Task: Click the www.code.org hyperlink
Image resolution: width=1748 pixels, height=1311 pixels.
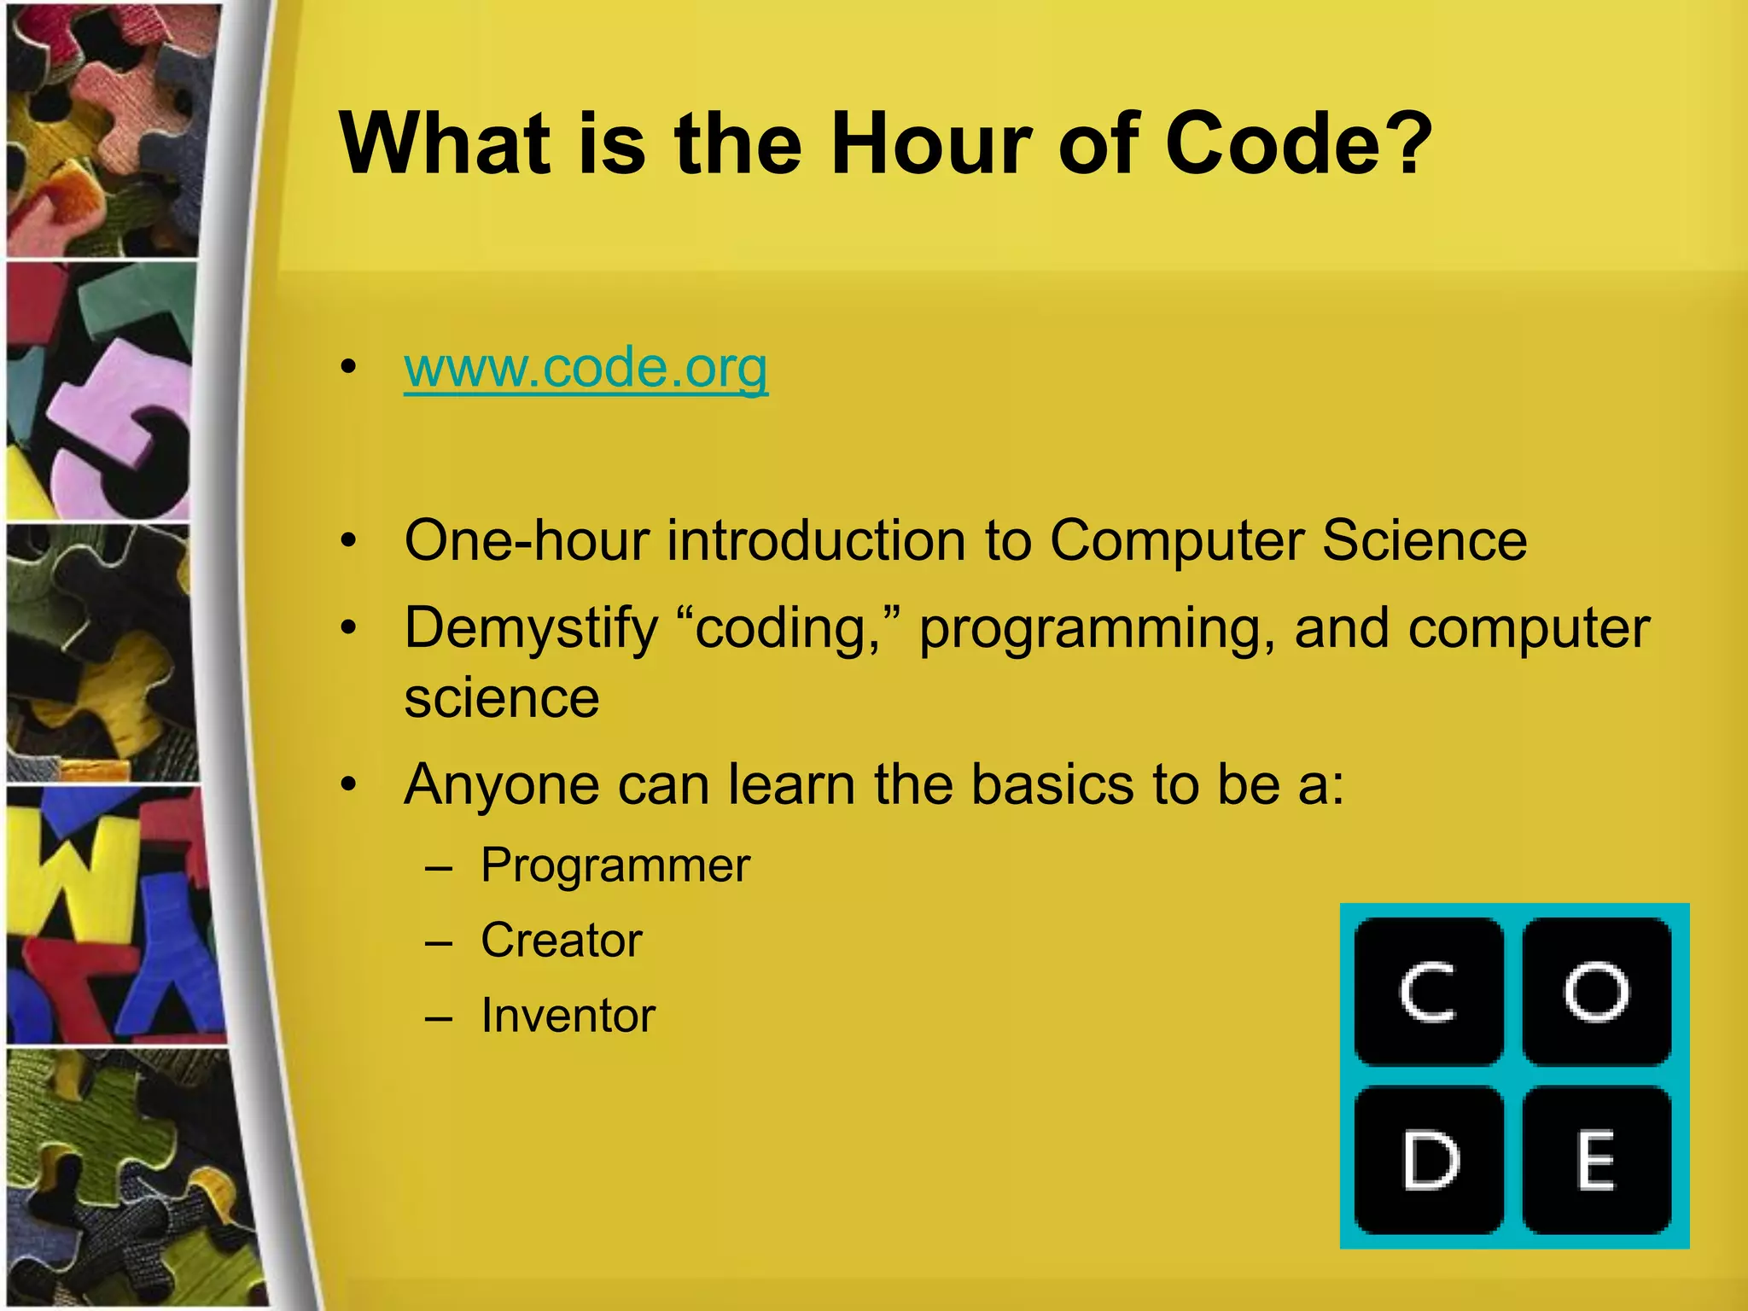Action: point(586,369)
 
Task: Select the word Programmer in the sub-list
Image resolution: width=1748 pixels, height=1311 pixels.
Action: point(615,865)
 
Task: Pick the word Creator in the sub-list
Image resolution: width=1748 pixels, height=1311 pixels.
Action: point(561,941)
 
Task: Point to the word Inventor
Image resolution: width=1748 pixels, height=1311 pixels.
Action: point(568,1016)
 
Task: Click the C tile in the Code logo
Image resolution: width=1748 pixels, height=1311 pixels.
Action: point(1429,992)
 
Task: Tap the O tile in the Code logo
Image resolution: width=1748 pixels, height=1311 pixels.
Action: point(1596,992)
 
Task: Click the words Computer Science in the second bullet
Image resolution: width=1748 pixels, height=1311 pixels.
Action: point(1288,541)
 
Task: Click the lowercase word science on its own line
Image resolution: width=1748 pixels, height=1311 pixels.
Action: point(502,699)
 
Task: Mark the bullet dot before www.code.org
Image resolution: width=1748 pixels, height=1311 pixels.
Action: point(347,369)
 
